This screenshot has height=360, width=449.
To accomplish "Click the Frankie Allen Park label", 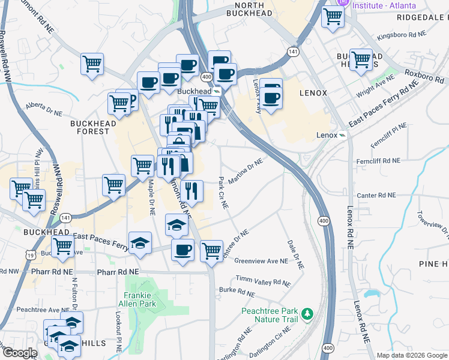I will [140, 299].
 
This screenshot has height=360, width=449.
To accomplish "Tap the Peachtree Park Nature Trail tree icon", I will [307, 314].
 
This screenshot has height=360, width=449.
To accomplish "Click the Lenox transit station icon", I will [342, 135].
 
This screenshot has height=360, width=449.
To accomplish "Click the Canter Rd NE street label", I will [376, 195].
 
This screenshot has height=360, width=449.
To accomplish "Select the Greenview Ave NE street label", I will [261, 261].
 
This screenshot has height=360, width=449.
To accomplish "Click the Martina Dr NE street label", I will [247, 171].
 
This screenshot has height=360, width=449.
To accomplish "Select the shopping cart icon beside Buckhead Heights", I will [361, 60].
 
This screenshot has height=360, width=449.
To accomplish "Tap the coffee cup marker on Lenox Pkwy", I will [272, 97].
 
